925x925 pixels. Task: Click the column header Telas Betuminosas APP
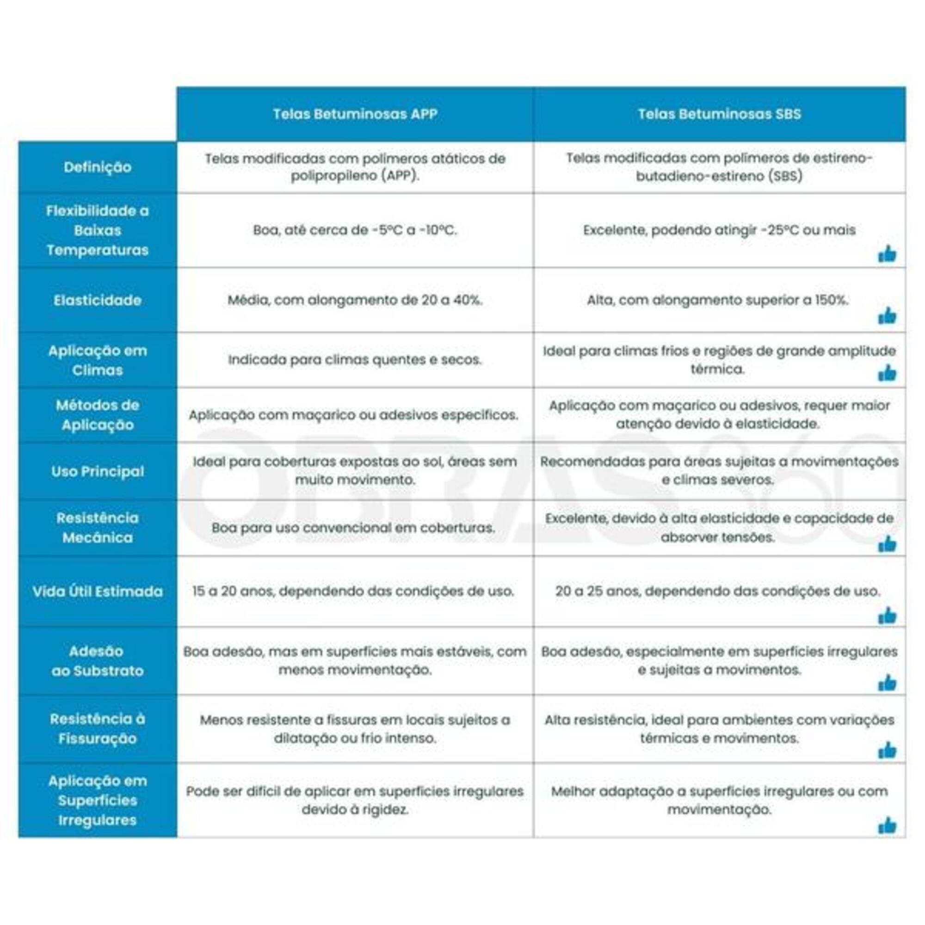click(x=355, y=114)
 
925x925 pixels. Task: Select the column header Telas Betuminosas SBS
click(x=719, y=114)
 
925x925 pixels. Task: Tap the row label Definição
click(x=98, y=167)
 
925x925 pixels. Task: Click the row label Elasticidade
click(x=98, y=300)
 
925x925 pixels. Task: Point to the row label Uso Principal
click(x=98, y=471)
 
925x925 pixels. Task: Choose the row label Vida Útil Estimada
click(x=98, y=591)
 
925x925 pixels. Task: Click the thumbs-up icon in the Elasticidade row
click(x=887, y=315)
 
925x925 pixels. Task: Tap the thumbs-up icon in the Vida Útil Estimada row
click(x=887, y=616)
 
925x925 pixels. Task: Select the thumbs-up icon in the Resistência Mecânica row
click(x=887, y=544)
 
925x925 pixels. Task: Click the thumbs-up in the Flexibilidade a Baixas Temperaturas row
click(x=887, y=254)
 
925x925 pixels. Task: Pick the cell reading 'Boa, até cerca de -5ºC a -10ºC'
click(x=355, y=230)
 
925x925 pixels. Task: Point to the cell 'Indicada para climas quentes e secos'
click(x=355, y=359)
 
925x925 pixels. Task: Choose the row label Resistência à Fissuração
click(x=98, y=728)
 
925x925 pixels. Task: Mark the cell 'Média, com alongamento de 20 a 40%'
click(x=355, y=300)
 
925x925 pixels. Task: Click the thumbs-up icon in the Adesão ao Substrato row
click(x=887, y=683)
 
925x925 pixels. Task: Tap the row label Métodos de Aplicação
click(x=98, y=414)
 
